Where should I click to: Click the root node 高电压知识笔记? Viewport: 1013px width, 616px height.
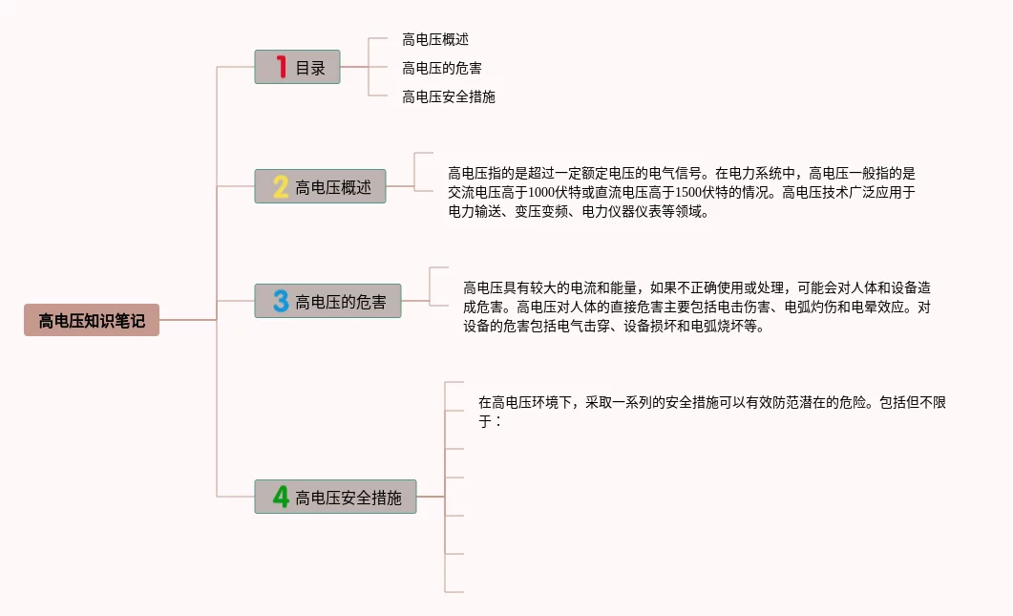click(x=92, y=320)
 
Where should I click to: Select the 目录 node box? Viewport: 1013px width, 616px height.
click(x=297, y=68)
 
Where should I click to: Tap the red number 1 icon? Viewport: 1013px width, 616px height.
click(x=281, y=67)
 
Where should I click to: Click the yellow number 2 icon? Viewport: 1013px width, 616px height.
click(x=281, y=187)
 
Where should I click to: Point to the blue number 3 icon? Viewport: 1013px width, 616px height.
click(x=281, y=302)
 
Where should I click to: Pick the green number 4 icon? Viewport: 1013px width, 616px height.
click(x=281, y=497)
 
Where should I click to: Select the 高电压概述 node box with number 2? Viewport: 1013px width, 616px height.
click(x=320, y=187)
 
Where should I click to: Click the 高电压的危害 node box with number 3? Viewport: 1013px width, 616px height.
click(x=327, y=302)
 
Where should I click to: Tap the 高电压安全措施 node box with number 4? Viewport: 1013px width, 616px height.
click(x=335, y=497)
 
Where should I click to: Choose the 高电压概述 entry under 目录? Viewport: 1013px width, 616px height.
click(x=435, y=39)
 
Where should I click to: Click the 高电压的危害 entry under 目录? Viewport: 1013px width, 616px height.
click(x=442, y=68)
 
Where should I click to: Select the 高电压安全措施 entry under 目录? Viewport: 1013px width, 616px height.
click(x=449, y=96)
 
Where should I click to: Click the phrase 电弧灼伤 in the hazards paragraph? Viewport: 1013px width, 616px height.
click(x=811, y=308)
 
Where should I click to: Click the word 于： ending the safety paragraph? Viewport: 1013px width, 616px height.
click(x=490, y=421)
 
